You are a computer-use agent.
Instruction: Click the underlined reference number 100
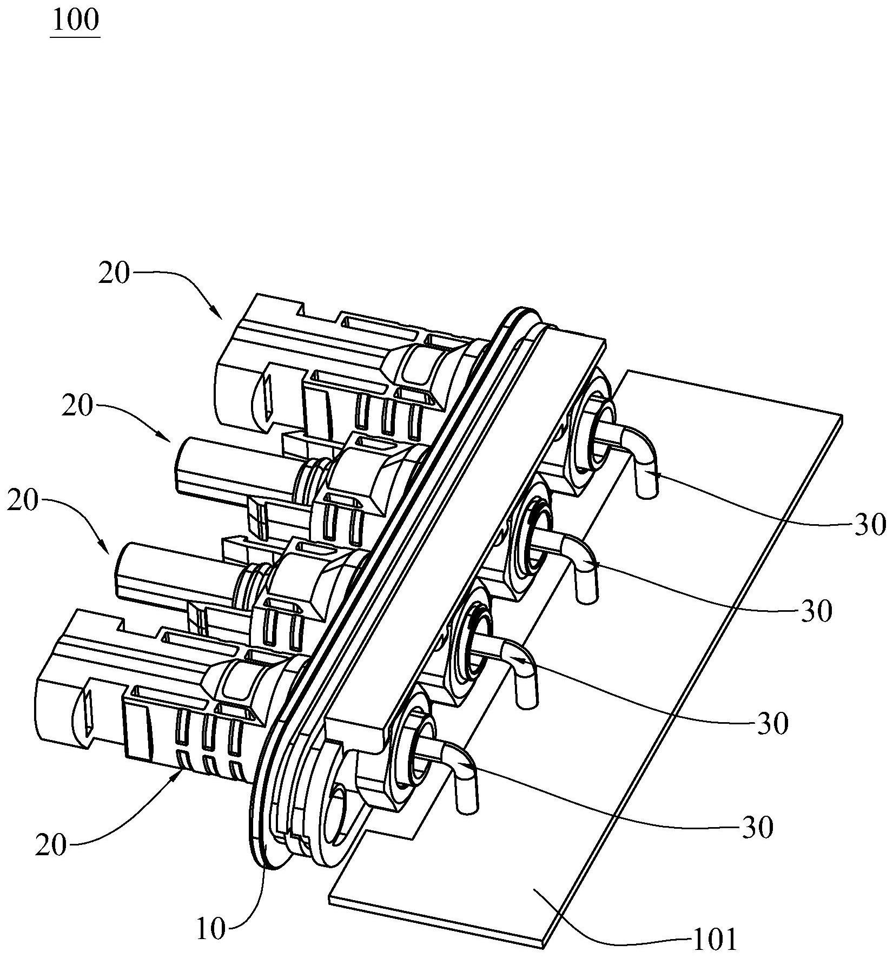(75, 21)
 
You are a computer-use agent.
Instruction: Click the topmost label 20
(114, 274)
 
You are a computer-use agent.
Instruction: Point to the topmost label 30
(870, 524)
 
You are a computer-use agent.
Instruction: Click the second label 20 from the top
(77, 407)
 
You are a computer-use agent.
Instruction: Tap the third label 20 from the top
(23, 500)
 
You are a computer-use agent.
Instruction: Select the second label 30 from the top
(816, 612)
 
